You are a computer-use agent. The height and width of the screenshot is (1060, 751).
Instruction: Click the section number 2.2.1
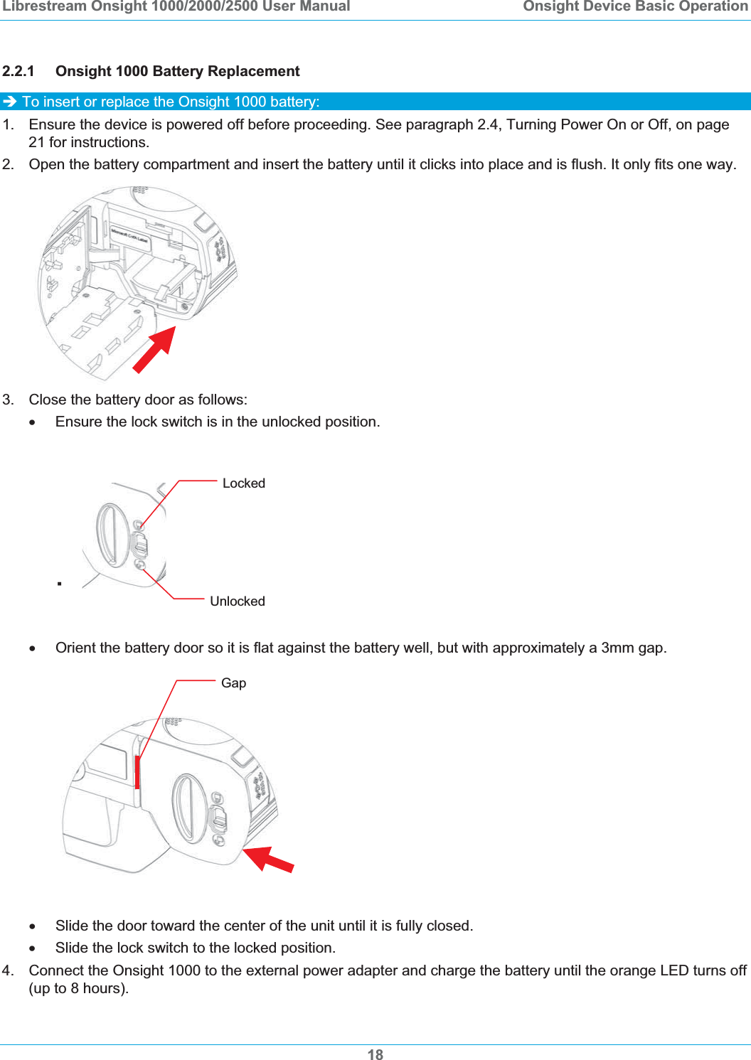click(x=18, y=71)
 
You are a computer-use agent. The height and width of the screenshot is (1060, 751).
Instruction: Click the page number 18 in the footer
click(x=375, y=1054)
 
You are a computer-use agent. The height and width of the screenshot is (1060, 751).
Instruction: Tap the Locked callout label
click(x=243, y=483)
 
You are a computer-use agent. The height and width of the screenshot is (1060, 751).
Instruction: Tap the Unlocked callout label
click(x=237, y=601)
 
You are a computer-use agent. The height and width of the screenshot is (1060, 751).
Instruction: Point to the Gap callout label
click(x=233, y=683)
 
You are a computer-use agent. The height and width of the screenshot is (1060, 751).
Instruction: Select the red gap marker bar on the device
click(x=137, y=771)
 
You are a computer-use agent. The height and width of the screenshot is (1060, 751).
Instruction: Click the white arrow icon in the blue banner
click(x=10, y=102)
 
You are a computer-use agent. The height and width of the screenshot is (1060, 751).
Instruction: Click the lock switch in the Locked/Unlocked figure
click(x=139, y=545)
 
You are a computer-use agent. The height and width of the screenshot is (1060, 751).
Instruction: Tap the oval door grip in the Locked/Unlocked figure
click(x=112, y=534)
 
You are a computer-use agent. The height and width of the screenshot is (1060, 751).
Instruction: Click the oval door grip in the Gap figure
click(x=188, y=808)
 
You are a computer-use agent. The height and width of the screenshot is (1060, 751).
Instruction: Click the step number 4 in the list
click(x=7, y=970)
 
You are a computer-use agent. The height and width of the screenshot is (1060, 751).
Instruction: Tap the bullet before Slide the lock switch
click(x=32, y=948)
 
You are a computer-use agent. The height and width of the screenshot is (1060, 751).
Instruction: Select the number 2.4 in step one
click(x=488, y=124)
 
